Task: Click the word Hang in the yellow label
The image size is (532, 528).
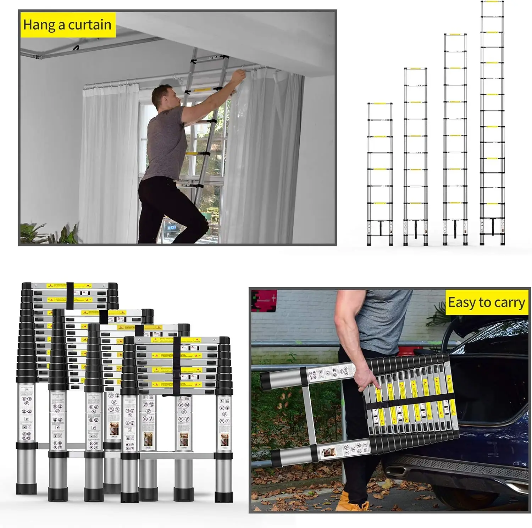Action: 39,25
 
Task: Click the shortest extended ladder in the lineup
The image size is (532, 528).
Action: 380,174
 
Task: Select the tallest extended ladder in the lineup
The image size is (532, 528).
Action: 492,124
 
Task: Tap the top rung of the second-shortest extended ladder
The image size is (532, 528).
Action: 415,69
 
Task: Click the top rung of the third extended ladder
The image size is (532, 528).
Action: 455,35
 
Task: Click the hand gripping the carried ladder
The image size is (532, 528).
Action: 364,379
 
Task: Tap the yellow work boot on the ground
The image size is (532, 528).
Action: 349,502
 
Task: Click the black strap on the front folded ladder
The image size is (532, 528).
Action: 177,365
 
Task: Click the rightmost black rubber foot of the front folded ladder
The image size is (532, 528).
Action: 223,496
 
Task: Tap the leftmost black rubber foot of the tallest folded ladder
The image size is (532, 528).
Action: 27,488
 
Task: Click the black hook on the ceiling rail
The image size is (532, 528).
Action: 76,48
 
